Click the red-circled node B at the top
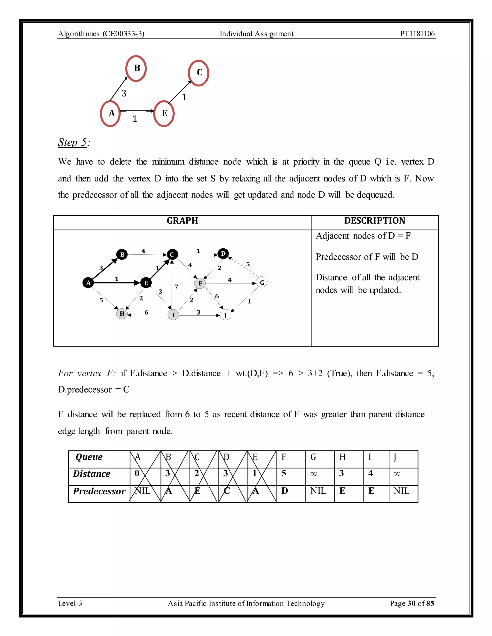[x=136, y=68]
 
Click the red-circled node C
[x=199, y=73]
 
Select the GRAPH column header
[x=182, y=221]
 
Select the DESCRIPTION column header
[x=375, y=221]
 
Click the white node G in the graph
[x=262, y=282]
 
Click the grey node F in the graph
[x=200, y=283]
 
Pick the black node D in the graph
[x=223, y=254]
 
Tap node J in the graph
[x=225, y=315]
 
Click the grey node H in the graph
[x=122, y=314]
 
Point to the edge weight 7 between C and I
[x=176, y=287]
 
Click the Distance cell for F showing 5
[x=284, y=474]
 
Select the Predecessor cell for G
[x=318, y=491]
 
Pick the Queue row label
[x=89, y=457]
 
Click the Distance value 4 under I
[x=370, y=474]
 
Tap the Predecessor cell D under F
[x=284, y=491]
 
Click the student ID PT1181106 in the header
[x=417, y=34]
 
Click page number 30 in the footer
[x=411, y=603]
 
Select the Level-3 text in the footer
[x=70, y=603]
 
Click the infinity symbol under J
[x=397, y=474]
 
